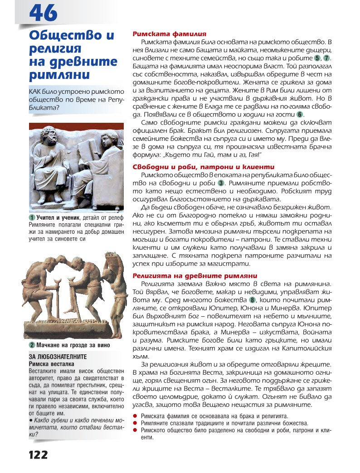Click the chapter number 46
click(44, 12)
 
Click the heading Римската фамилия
click(169, 34)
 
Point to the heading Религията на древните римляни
click(195, 275)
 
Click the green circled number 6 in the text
click(300, 115)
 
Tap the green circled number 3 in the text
click(221, 183)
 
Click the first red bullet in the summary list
click(135, 415)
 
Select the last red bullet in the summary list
click(135, 430)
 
